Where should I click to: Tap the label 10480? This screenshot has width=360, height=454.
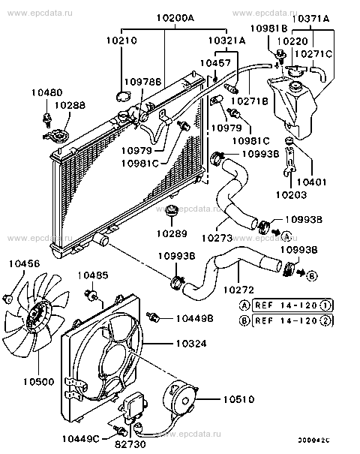click(46, 94)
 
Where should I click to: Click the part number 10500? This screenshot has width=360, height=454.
click(36, 382)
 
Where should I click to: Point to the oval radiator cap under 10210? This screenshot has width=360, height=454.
click(123, 95)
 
